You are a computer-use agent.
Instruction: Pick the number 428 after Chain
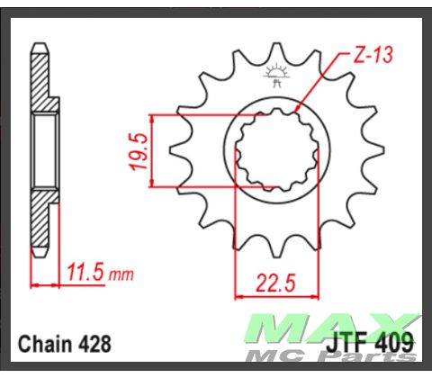(x=95, y=343)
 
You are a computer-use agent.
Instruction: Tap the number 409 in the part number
(x=397, y=343)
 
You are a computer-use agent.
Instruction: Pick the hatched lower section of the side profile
(x=40, y=220)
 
